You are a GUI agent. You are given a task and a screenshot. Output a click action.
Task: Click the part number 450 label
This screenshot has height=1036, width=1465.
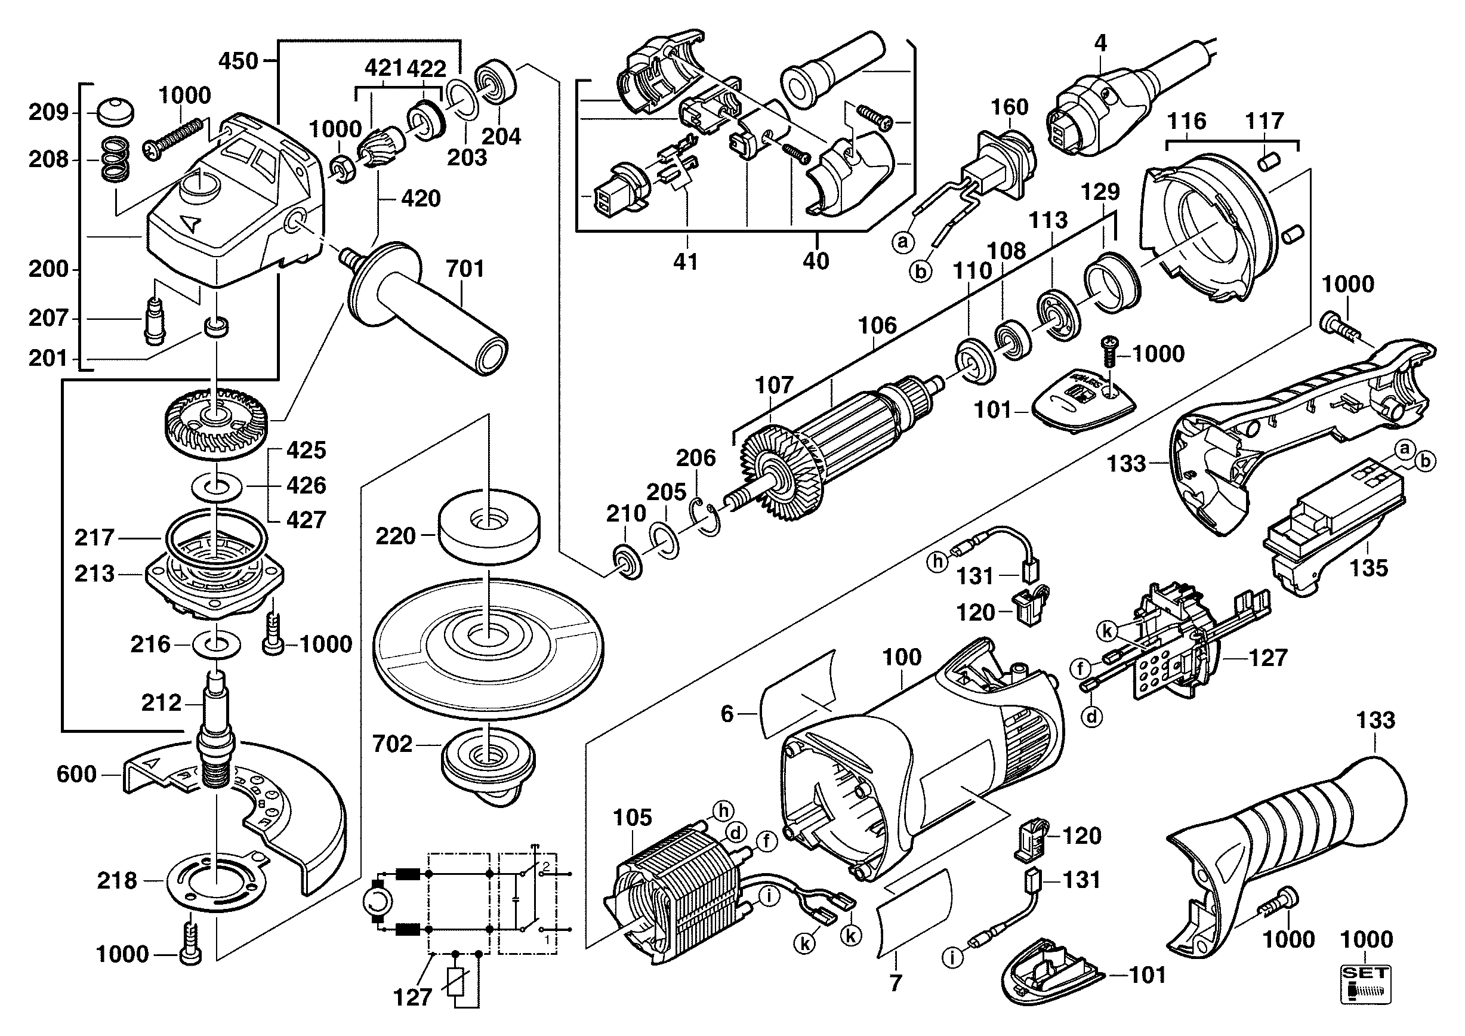point(238,61)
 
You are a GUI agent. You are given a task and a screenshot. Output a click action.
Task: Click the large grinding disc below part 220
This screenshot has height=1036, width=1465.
point(488,645)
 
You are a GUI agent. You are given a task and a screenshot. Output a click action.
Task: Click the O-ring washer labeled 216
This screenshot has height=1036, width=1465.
point(217,645)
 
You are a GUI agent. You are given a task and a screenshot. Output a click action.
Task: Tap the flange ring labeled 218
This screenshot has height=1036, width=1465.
point(217,880)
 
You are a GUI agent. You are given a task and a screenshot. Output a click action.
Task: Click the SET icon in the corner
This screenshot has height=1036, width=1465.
point(1365,986)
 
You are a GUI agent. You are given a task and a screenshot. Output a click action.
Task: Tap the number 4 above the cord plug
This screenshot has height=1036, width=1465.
point(1100,44)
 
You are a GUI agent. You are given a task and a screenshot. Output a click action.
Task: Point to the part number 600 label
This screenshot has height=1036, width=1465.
point(76,775)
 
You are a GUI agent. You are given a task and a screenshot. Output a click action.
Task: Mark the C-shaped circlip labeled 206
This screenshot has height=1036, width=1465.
point(707,514)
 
